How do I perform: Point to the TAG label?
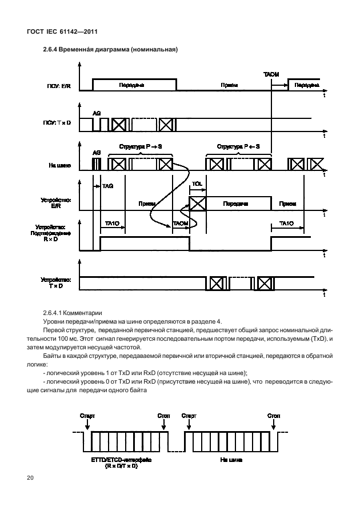[x=107, y=186]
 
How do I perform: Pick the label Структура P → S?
[x=140, y=147]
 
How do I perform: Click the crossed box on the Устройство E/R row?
[x=197, y=203]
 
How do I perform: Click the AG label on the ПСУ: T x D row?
[x=97, y=113]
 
